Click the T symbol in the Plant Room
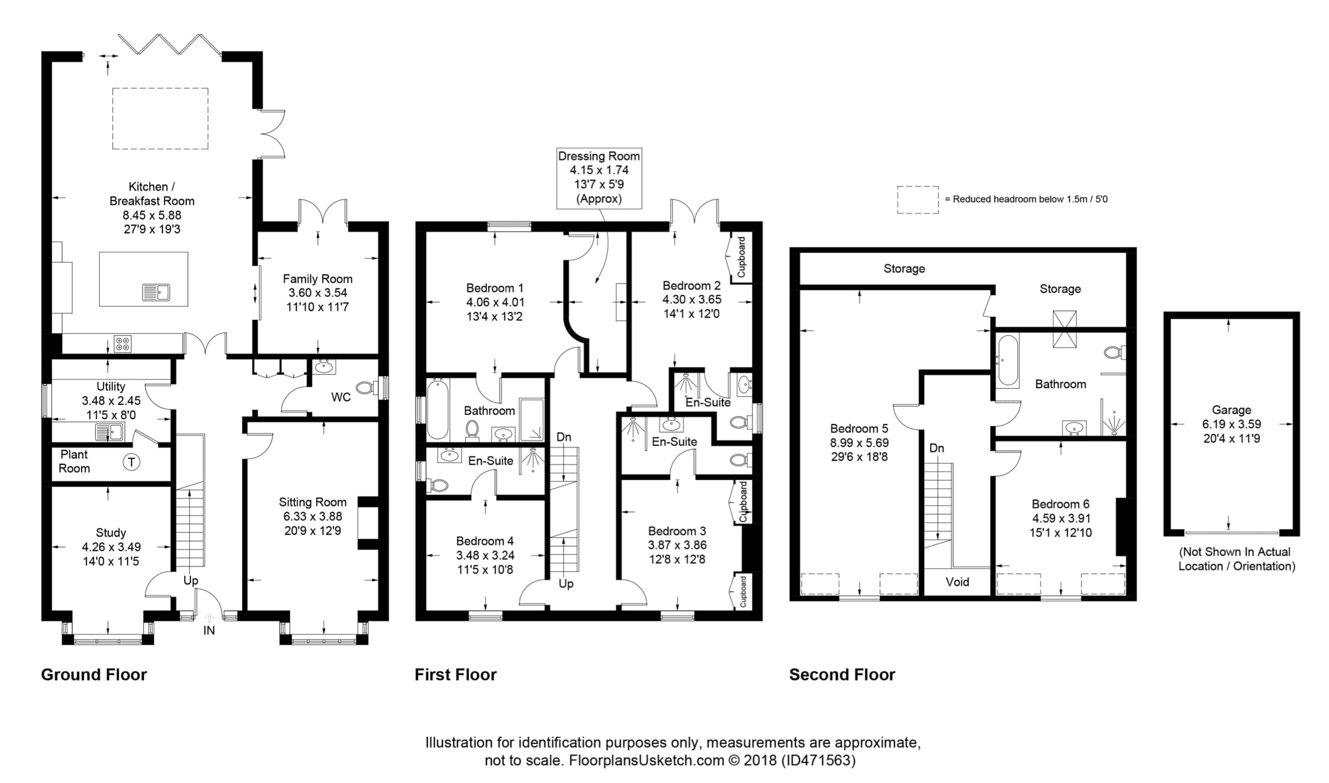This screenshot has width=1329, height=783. [x=131, y=461]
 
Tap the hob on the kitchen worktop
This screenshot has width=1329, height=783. [x=122, y=343]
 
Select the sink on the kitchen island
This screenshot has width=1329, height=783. [x=156, y=292]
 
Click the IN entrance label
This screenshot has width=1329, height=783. [x=209, y=630]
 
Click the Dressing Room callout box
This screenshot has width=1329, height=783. [x=599, y=178]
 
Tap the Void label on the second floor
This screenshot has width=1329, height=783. [x=957, y=582]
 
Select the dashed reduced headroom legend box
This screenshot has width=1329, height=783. [x=917, y=200]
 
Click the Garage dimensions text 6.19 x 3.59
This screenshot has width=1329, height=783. [x=1231, y=424]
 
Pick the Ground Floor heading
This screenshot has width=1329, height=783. [x=94, y=675]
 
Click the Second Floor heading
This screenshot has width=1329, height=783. [x=842, y=675]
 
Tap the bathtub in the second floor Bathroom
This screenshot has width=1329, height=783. [x=1007, y=361]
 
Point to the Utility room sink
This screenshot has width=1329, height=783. [x=110, y=431]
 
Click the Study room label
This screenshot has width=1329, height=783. [x=111, y=533]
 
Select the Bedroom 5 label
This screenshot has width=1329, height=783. [x=859, y=428]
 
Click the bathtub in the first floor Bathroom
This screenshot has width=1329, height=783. [x=438, y=409]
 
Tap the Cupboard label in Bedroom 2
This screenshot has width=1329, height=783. [x=741, y=257]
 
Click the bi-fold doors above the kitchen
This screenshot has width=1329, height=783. [x=169, y=44]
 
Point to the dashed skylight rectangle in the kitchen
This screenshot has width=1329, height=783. [x=160, y=119]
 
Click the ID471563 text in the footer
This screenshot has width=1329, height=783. [x=818, y=760]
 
